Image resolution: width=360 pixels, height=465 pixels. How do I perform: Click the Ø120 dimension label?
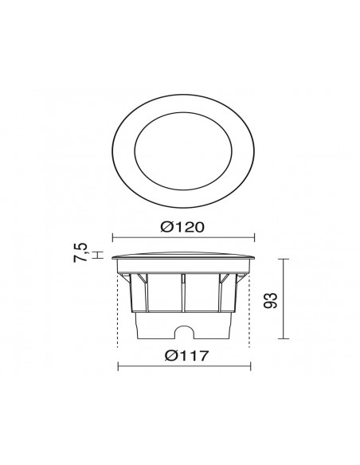[182, 228]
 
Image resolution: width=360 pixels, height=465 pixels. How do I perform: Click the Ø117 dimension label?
[187, 356]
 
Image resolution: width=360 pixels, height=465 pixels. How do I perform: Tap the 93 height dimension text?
[271, 300]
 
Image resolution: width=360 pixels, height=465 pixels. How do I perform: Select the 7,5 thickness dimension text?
[80, 252]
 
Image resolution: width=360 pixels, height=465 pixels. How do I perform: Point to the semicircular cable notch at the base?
[184, 330]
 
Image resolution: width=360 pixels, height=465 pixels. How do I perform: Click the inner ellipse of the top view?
[135, 151]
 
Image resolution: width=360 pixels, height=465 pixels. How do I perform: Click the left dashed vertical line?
[118, 310]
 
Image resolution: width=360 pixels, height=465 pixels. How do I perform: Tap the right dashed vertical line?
[249, 310]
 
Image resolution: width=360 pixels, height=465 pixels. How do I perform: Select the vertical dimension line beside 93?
[284, 299]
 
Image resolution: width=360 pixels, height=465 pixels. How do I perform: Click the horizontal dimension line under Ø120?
[183, 237]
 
